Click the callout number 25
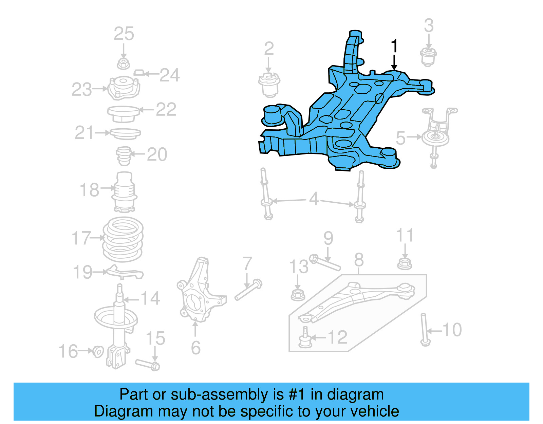click(x=124, y=34)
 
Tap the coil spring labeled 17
click(x=123, y=239)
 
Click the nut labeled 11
click(x=405, y=263)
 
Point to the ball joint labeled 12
click(x=305, y=338)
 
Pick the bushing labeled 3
click(x=428, y=57)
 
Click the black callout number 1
click(x=394, y=47)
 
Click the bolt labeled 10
click(x=424, y=329)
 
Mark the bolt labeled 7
click(x=248, y=291)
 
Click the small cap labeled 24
click(x=139, y=73)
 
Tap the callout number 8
click(x=359, y=261)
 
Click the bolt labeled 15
click(x=147, y=364)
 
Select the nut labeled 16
click(x=98, y=352)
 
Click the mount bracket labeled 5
click(x=436, y=132)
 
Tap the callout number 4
click(x=314, y=199)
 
